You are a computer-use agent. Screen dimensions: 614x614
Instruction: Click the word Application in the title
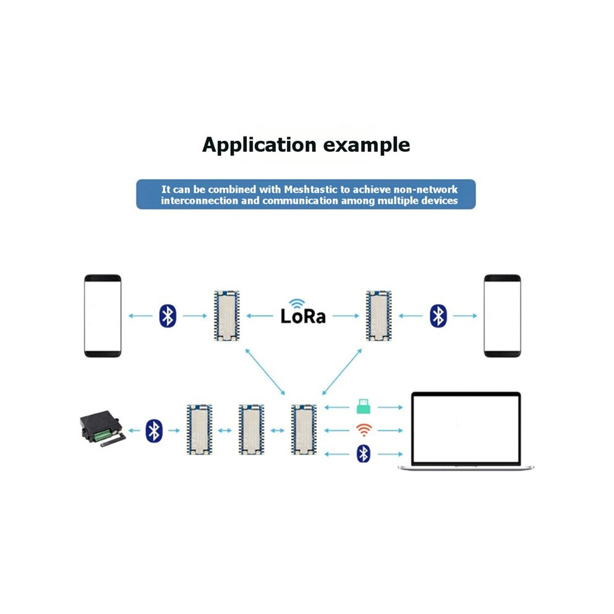coord(259,145)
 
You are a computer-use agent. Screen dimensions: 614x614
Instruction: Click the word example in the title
coord(367,145)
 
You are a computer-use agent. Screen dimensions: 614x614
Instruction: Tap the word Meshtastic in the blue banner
coord(311,190)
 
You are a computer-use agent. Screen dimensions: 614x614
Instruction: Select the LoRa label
coord(303,316)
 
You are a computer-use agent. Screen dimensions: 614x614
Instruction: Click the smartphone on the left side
coord(102,316)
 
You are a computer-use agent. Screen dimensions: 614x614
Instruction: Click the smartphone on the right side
coord(502,316)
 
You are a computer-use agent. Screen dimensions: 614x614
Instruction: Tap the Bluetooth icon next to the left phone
coord(167,316)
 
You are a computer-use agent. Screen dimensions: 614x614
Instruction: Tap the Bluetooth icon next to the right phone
coord(438,316)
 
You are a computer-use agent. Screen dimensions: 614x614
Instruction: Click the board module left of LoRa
coord(227,316)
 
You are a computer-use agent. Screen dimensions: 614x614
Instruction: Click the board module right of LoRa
coord(379,316)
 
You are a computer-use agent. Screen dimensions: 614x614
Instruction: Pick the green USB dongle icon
coord(363,406)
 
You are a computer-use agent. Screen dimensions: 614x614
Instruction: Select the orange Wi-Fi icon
coord(364,430)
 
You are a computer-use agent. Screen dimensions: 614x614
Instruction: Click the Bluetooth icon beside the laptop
coord(363,454)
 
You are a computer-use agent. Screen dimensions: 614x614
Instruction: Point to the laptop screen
coord(466,429)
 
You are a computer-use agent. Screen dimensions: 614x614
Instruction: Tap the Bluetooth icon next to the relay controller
coord(154,431)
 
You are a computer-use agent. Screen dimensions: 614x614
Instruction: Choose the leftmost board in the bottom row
coord(199,430)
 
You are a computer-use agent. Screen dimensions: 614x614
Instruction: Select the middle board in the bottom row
coord(251,430)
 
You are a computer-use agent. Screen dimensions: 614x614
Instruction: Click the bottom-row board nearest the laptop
coord(304,430)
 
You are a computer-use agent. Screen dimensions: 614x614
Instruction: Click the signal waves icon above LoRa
coord(297,303)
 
